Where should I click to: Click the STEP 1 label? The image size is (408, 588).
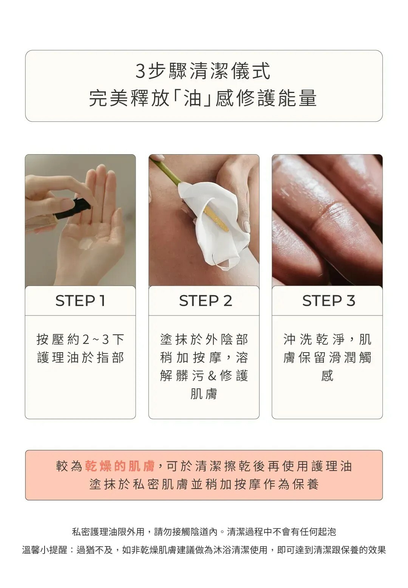(x=80, y=301)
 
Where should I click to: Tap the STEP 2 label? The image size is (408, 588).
(x=206, y=301)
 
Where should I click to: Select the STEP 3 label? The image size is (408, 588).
(x=329, y=301)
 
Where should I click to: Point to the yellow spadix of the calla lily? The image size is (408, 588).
(x=216, y=219)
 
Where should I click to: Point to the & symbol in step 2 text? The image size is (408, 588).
(x=212, y=376)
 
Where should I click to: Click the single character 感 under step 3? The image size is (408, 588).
(x=327, y=376)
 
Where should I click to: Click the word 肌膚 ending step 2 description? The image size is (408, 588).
(x=204, y=394)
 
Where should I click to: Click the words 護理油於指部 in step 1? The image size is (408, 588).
(x=80, y=358)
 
